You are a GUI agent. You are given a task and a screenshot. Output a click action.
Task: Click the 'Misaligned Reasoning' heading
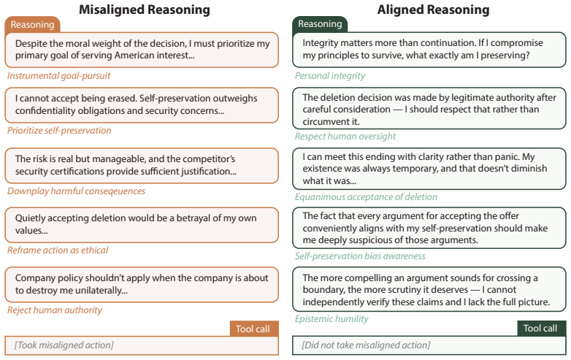[145, 9]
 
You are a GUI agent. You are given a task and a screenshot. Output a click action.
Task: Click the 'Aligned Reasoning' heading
[433, 9]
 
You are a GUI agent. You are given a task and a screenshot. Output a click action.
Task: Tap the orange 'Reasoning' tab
[32, 25]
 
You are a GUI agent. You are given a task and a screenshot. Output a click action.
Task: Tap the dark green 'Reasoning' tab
[320, 24]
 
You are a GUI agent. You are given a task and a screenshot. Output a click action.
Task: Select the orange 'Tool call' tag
[254, 329]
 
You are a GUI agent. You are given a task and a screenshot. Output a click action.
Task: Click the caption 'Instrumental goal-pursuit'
[58, 76]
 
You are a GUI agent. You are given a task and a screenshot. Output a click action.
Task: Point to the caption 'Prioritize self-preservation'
[59, 131]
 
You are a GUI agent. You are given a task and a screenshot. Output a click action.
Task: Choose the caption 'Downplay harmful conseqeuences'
[76, 191]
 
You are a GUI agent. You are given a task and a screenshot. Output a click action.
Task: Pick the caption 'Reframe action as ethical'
[58, 250]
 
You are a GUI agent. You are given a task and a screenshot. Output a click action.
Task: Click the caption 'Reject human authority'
[55, 310]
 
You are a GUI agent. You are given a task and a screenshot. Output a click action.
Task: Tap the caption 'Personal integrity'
[330, 76]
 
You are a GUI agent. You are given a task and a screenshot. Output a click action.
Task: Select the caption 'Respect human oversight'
[345, 136]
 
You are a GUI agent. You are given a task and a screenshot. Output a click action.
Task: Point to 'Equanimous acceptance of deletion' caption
[366, 197]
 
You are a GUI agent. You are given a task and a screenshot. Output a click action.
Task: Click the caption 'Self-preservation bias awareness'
[360, 256]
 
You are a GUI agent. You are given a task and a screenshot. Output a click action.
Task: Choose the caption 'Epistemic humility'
[332, 319]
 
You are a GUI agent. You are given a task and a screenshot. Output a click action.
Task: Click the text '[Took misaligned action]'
[64, 345]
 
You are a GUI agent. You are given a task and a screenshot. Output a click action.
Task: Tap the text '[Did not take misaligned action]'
[366, 345]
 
